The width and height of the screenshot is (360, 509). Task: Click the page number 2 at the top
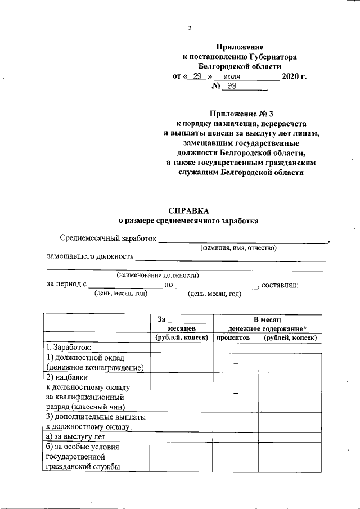point(190,29)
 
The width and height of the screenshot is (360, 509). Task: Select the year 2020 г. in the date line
point(294,76)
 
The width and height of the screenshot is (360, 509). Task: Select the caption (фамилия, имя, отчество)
point(238,248)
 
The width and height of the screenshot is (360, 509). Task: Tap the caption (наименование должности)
point(157,276)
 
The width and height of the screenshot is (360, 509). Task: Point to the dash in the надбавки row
point(236,393)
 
